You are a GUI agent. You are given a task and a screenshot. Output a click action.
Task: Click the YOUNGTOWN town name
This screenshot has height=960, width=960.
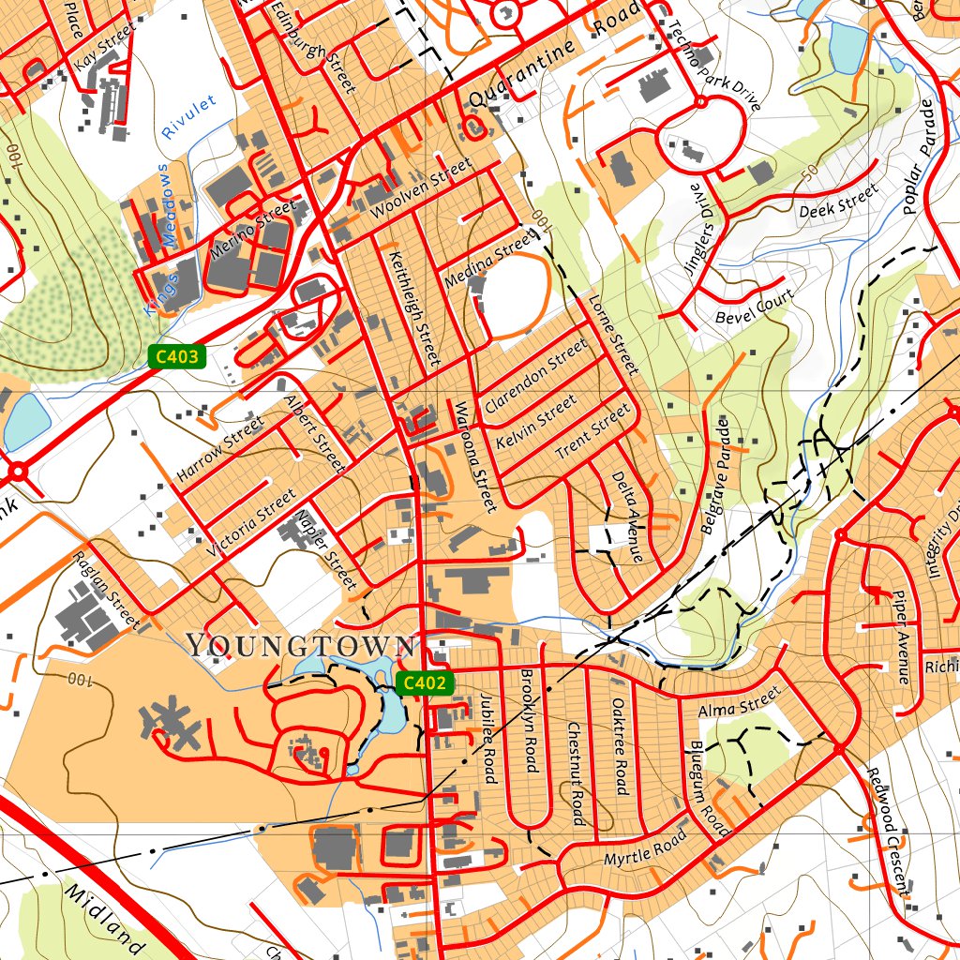(300, 645)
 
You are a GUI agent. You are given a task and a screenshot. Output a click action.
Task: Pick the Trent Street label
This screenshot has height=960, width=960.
(592, 431)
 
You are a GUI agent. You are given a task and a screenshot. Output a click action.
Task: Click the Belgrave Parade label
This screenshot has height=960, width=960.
(715, 476)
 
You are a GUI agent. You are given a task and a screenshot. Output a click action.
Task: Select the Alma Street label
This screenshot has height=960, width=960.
(739, 703)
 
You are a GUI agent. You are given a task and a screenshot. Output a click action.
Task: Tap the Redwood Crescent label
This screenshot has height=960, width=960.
(887, 831)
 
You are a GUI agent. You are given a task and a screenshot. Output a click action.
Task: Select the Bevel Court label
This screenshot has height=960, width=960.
(755, 307)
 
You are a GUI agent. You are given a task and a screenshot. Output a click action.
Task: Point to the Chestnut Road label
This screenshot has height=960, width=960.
(576, 774)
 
